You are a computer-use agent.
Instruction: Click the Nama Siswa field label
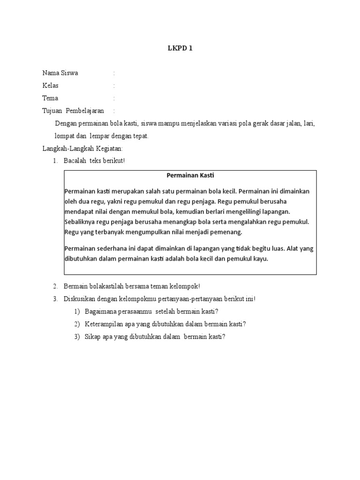tap(60, 73)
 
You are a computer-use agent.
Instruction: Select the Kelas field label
tap(51, 86)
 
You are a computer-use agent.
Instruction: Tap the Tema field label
tap(51, 98)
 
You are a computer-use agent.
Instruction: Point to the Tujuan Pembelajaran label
tap(73, 111)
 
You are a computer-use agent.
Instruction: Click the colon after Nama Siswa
tap(114, 73)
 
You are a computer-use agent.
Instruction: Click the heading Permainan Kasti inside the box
tap(190, 176)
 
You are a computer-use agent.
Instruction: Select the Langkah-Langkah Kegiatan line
tap(82, 149)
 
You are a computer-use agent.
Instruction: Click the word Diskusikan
tap(79, 299)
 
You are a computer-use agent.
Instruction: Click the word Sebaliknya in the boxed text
tap(81, 222)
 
